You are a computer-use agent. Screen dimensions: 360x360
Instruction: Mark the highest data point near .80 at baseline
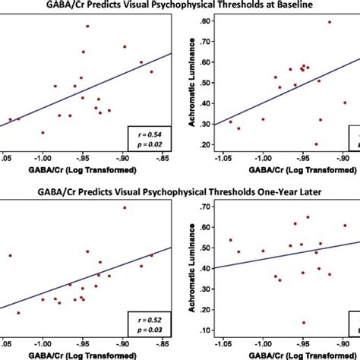(330, 22)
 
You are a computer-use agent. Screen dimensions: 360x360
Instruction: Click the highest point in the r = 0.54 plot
(87, 27)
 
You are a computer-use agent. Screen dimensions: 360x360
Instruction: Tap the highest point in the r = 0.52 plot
(125, 207)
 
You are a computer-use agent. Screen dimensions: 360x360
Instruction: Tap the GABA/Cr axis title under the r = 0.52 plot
(84, 353)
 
